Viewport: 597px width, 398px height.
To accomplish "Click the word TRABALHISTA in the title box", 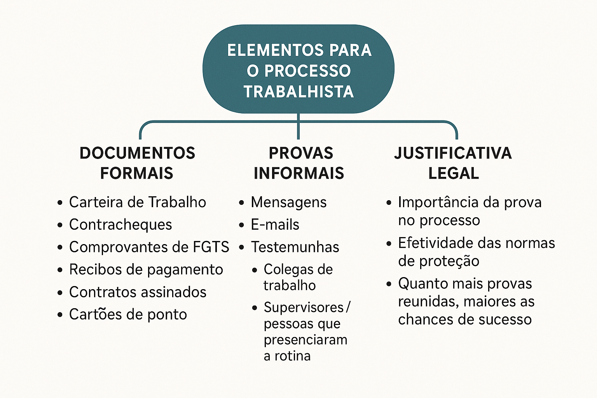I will click(x=298, y=92).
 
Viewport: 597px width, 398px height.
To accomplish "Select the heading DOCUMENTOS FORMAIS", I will click(x=137, y=163).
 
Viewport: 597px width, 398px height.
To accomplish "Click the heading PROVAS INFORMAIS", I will click(x=299, y=163).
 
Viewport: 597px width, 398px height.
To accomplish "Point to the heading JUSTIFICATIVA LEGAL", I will click(x=453, y=163).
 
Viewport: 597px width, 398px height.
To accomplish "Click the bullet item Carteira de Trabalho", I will click(x=138, y=202).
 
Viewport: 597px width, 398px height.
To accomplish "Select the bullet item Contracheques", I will click(x=120, y=225).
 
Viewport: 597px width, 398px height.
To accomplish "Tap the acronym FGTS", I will click(x=211, y=247).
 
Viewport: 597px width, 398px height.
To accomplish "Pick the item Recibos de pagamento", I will click(x=146, y=269).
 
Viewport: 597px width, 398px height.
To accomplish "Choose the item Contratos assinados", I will click(x=138, y=292).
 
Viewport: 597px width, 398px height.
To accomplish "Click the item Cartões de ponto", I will click(x=128, y=314).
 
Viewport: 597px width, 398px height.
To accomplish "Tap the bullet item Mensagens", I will click(x=289, y=202).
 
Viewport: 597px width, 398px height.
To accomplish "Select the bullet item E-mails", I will click(x=275, y=225).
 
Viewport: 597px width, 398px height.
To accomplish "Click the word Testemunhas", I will click(x=295, y=247).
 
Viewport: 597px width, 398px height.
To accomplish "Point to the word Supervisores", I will click(x=304, y=307).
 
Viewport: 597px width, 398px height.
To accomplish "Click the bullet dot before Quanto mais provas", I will click(x=389, y=284).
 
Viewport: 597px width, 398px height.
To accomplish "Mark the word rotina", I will click(x=293, y=356).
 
